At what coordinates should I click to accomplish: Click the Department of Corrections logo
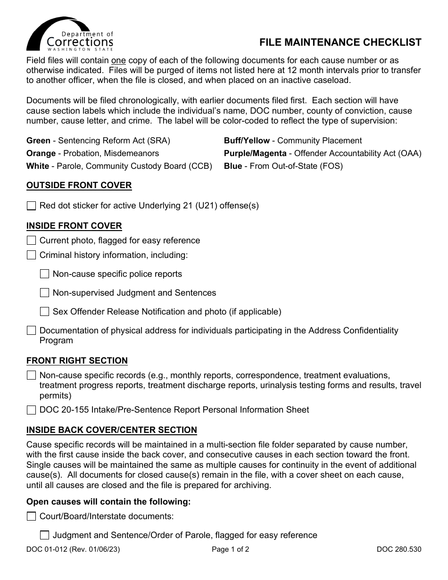coord(70,34)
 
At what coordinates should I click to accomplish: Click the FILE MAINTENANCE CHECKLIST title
coord(340,42)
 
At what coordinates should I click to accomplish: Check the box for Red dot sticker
coord(31,206)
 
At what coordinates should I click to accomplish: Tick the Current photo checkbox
coord(31,240)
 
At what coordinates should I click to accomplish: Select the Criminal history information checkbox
coord(31,255)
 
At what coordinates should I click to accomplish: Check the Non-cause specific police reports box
coord(44,274)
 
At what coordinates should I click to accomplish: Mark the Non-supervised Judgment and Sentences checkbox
coord(44,293)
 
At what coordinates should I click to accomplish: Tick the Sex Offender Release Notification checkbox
coord(44,312)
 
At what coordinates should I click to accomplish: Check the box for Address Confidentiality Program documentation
coord(31,331)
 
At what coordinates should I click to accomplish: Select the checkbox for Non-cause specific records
coord(31,375)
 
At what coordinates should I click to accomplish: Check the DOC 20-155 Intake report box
coord(31,410)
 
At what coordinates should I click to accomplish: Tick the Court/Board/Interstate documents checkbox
coord(31,516)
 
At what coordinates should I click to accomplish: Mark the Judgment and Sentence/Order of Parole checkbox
coord(44,535)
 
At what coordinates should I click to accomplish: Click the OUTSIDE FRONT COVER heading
coord(79,185)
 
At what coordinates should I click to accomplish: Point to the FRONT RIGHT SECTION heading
coord(77,361)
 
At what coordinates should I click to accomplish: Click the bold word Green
coord(38,141)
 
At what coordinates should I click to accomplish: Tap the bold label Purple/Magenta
coord(255,153)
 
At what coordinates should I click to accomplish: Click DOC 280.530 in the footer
coord(398,549)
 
